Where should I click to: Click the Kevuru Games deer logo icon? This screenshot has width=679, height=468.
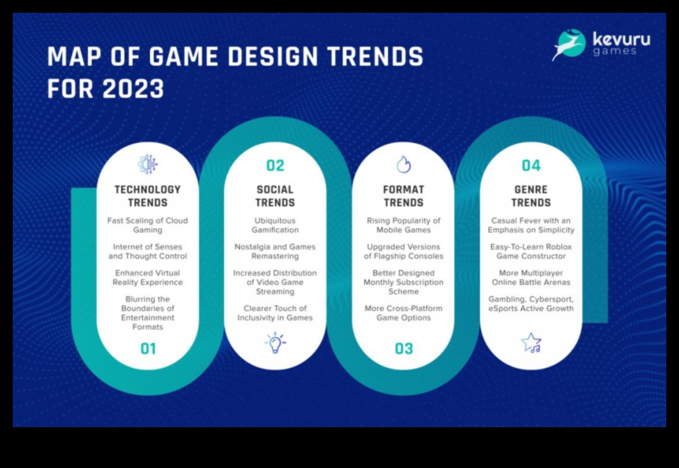coord(569,45)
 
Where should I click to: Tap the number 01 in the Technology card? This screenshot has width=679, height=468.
coord(148,349)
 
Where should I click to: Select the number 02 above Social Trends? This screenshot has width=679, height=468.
coord(275,165)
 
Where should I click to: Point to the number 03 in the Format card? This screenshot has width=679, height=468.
coord(403,349)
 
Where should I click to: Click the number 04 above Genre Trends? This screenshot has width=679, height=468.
coord(531,165)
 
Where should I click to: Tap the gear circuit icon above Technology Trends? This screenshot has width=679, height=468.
coord(147,164)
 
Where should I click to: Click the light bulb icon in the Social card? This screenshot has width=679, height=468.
coord(276,343)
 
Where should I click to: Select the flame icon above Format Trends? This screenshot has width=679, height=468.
coord(403,164)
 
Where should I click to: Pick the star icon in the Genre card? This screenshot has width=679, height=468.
coord(532,342)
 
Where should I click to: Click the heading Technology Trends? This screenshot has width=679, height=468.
coord(147,196)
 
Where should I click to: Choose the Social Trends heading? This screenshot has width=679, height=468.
coord(275,196)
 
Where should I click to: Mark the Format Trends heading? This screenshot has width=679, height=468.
coord(403,196)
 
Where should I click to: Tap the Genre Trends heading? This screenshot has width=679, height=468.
coord(531,196)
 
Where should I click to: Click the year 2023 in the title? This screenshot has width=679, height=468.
coord(133,89)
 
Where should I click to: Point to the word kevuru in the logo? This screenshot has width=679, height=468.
coord(621,39)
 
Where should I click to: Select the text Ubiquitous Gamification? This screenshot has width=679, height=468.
coord(275,225)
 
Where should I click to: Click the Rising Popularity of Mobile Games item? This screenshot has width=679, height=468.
coord(403,225)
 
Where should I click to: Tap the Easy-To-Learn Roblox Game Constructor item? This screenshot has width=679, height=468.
coord(531,252)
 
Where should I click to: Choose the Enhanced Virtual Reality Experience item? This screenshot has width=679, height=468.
coord(147,278)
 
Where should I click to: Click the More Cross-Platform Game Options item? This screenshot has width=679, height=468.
coord(403,313)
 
